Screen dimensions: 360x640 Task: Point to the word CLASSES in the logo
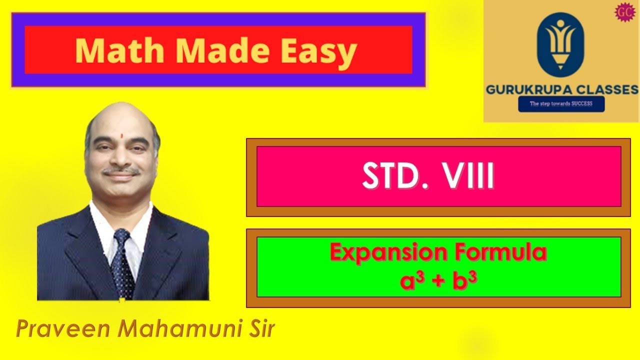point(607,90)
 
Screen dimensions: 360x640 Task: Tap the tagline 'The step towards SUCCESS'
point(561,104)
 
